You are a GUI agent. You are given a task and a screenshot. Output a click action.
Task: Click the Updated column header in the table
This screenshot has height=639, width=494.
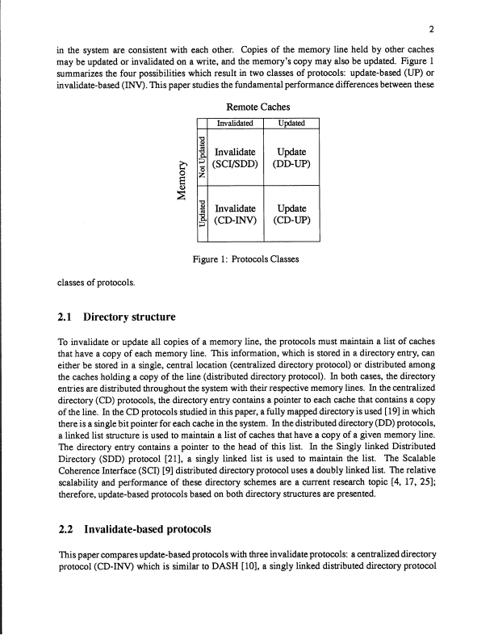pos(292,124)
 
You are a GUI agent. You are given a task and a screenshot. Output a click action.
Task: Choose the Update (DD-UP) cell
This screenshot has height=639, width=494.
pos(292,158)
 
